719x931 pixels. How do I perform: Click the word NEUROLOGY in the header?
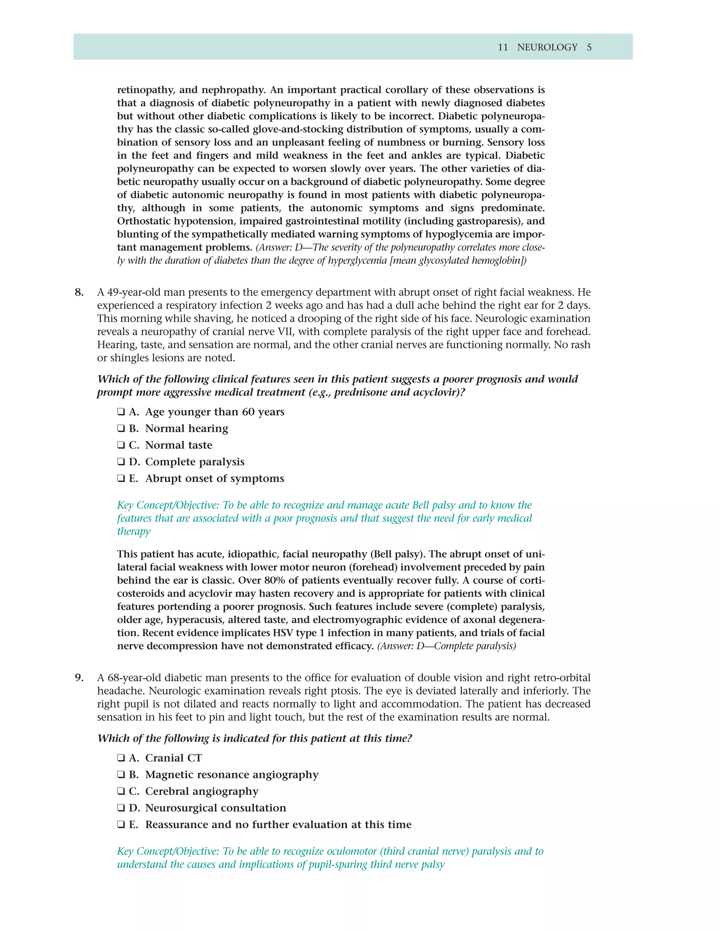pos(547,47)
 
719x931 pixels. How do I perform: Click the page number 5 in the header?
pos(589,47)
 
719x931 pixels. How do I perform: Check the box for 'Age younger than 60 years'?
pos(121,412)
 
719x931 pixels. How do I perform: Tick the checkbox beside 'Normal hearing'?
pos(121,428)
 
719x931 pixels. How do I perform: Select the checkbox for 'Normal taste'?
pos(121,445)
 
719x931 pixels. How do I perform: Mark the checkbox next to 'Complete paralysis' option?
pos(121,462)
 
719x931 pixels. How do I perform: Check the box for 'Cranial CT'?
pos(121,758)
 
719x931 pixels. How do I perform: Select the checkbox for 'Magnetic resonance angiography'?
pos(121,775)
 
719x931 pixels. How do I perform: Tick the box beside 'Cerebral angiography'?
pos(121,791)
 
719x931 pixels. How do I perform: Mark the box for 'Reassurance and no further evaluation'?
pos(121,825)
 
